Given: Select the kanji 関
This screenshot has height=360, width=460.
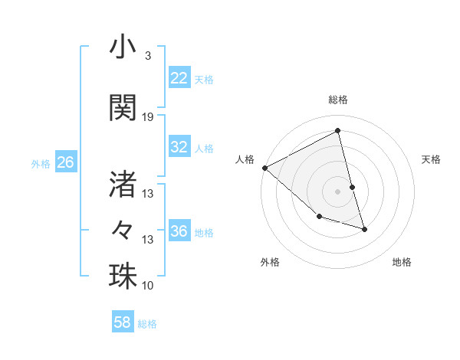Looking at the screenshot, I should pyautogui.click(x=123, y=108).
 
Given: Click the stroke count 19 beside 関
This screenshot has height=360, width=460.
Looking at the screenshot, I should pyautogui.click(x=148, y=117).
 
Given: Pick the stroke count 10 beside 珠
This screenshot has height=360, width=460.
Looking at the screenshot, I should pyautogui.click(x=148, y=285).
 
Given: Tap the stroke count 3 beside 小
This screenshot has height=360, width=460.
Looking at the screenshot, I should pyautogui.click(x=147, y=56).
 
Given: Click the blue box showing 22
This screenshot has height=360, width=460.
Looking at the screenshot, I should pyautogui.click(x=179, y=78).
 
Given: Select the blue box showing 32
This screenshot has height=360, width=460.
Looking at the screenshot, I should pyautogui.click(x=179, y=147).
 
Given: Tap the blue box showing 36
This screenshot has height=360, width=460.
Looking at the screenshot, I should pyautogui.click(x=179, y=231).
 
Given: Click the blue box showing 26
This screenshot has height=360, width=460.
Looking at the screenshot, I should pyautogui.click(x=65, y=162).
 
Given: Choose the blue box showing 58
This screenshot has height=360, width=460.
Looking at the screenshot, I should pyautogui.click(x=123, y=323).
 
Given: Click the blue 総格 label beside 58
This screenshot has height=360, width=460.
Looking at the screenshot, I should pyautogui.click(x=147, y=324).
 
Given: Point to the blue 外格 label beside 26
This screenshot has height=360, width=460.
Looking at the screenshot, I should pyautogui.click(x=41, y=163).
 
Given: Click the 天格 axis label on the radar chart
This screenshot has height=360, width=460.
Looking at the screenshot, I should pyautogui.click(x=431, y=159).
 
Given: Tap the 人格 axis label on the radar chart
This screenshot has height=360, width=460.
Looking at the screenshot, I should pyautogui.click(x=245, y=159).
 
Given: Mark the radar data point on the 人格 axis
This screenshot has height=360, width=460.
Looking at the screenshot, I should pyautogui.click(x=264, y=168).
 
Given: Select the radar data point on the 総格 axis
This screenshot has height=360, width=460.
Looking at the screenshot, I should pyautogui.click(x=338, y=131).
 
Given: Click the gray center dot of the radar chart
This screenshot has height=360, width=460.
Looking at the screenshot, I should pyautogui.click(x=338, y=191).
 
